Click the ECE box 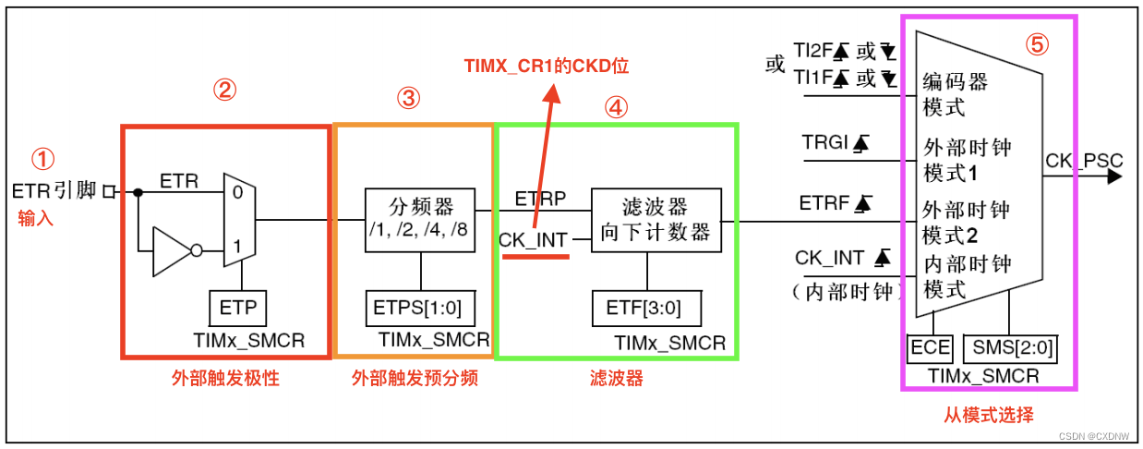click(930, 348)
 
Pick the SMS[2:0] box click(1010, 348)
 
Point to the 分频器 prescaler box click(421, 220)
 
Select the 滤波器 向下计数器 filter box click(655, 219)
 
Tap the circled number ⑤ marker click(1038, 44)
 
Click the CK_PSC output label click(1083, 162)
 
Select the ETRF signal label click(818, 202)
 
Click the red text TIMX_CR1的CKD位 click(551, 67)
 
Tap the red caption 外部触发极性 click(224, 379)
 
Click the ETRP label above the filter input click(535, 198)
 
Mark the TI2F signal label click(812, 54)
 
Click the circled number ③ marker click(408, 98)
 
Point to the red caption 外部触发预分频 click(415, 379)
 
